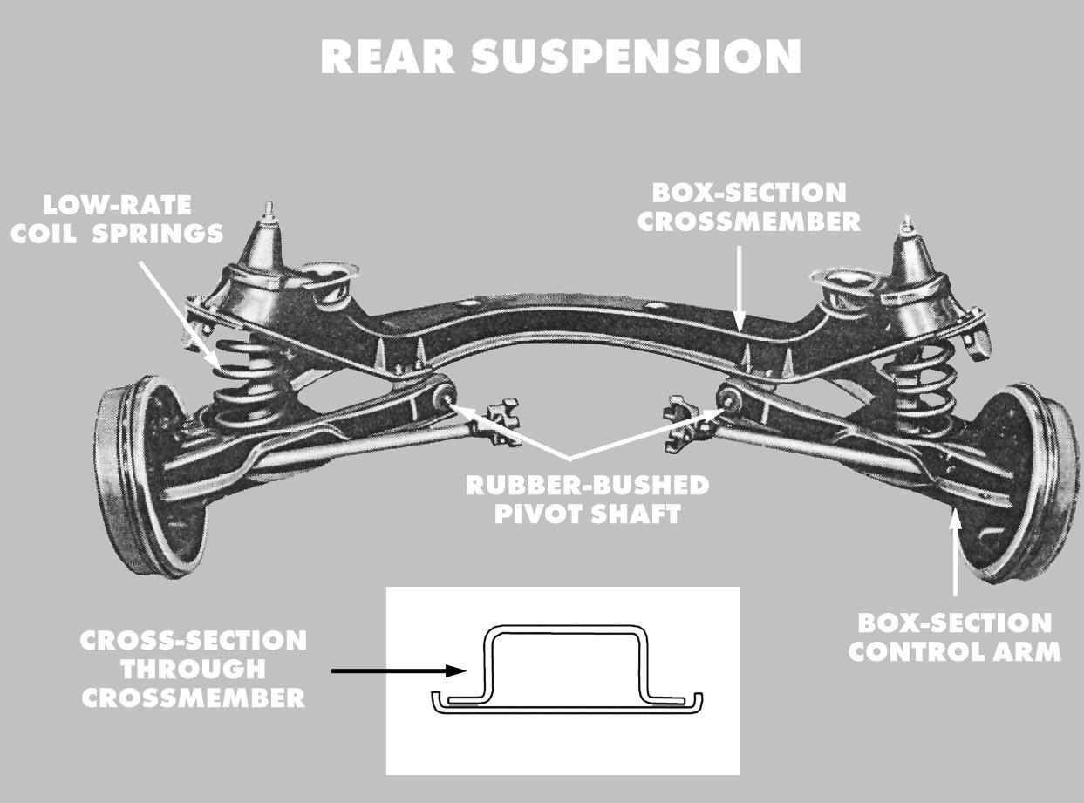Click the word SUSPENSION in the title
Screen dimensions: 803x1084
click(x=636, y=58)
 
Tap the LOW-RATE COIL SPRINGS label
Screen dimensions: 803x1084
click(x=117, y=220)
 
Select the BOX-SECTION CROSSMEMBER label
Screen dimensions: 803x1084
click(x=748, y=207)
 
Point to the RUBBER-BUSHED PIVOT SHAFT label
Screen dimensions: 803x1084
click(x=587, y=499)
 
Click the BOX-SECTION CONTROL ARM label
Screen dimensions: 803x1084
click(x=954, y=637)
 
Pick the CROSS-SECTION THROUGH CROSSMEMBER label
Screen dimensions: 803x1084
click(x=193, y=669)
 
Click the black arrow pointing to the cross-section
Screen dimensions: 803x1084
click(x=398, y=670)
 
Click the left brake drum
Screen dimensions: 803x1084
click(x=140, y=475)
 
